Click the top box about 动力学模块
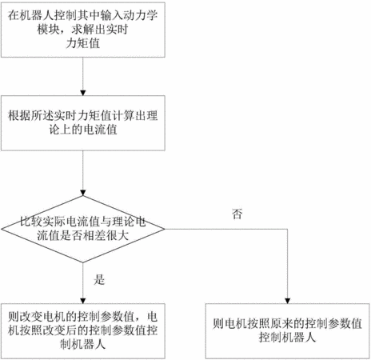pos(83,30)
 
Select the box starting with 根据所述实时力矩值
pos(83,123)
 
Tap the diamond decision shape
pos(83,229)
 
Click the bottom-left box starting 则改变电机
pos(83,331)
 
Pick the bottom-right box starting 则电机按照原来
pos(288,331)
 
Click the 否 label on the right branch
pos(237,214)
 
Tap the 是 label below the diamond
pos(99,279)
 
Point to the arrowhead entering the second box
pos(83,93)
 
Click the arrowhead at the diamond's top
pos(83,193)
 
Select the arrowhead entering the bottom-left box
pos(83,301)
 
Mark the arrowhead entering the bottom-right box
pos(287,301)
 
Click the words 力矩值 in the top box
pos(83,43)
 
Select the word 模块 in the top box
pos(48,30)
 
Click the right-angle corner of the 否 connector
pos(287,229)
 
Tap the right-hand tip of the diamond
pos(165,229)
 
